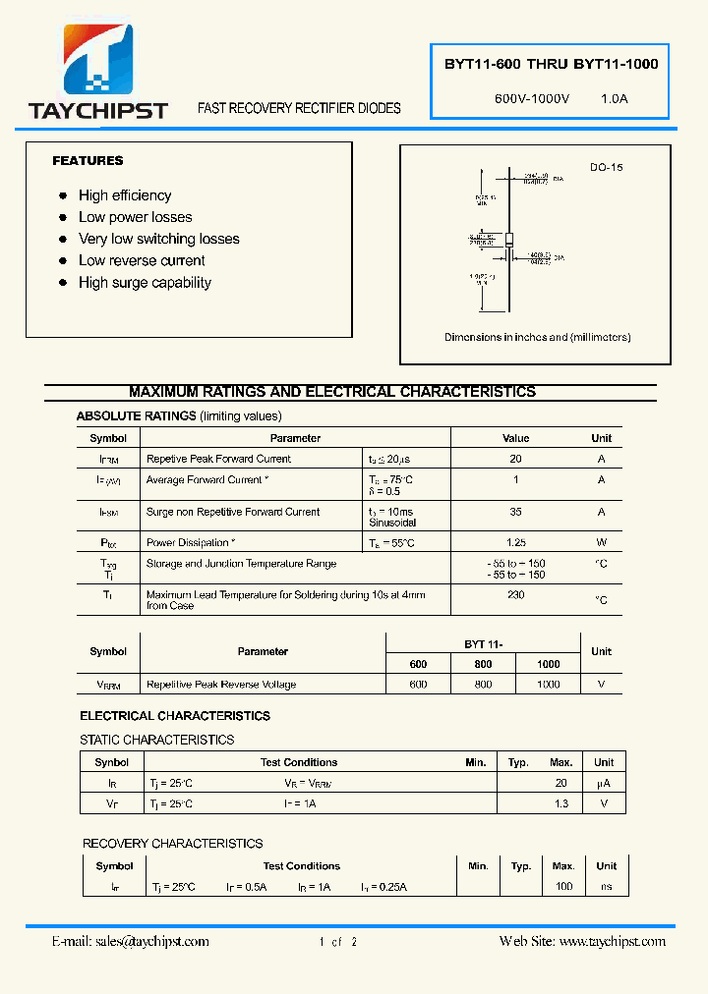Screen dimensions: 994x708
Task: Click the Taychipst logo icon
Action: tap(98, 61)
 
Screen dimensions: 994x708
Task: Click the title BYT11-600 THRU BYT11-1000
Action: tap(552, 64)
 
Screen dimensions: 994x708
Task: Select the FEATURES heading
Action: tap(88, 160)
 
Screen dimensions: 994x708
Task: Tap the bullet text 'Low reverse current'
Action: tap(142, 260)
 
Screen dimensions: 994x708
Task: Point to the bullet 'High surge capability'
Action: tap(145, 282)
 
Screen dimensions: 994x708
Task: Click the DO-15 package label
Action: tap(606, 167)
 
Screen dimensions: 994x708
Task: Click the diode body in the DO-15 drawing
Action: tap(509, 239)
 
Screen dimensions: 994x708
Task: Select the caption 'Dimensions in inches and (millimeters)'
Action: tap(537, 337)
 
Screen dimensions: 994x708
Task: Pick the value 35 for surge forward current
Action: tap(515, 512)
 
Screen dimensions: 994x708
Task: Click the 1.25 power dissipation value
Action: tap(515, 542)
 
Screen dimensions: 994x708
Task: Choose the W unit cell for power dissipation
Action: tap(601, 542)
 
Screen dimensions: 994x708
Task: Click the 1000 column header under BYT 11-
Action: tap(548, 664)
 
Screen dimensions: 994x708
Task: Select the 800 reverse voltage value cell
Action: tap(483, 685)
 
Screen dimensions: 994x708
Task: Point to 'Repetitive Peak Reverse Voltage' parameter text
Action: tap(221, 685)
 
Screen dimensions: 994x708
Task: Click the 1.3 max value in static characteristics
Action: tap(561, 803)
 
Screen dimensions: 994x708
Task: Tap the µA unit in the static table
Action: tap(603, 783)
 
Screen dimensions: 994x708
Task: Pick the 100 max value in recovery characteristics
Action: tap(563, 887)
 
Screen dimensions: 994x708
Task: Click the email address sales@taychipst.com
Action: tap(151, 941)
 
